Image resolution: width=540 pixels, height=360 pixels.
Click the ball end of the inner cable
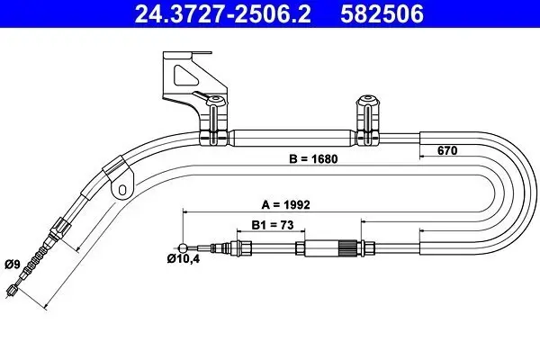click(x=184, y=248)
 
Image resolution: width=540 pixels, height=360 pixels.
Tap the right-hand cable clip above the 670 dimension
click(x=366, y=121)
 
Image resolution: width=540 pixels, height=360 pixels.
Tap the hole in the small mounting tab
click(x=121, y=189)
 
